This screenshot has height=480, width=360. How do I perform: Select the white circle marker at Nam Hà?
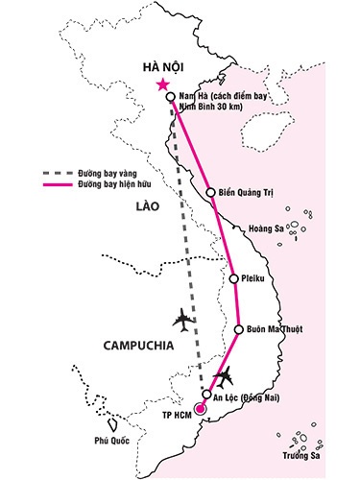(170, 98)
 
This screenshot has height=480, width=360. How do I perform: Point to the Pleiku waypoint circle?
(234, 279)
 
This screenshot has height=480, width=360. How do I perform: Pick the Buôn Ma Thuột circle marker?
(239, 330)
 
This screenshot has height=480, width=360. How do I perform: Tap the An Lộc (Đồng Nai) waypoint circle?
(206, 395)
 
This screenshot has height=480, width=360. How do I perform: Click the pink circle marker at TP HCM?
(200, 410)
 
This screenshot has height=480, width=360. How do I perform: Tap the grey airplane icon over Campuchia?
(181, 317)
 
